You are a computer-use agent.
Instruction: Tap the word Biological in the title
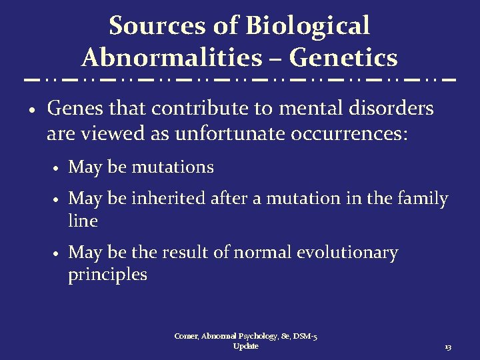[x=307, y=26]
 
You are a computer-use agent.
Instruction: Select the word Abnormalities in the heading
[x=171, y=58]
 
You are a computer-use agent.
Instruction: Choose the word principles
[x=107, y=275]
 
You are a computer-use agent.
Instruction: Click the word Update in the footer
[x=246, y=346]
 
